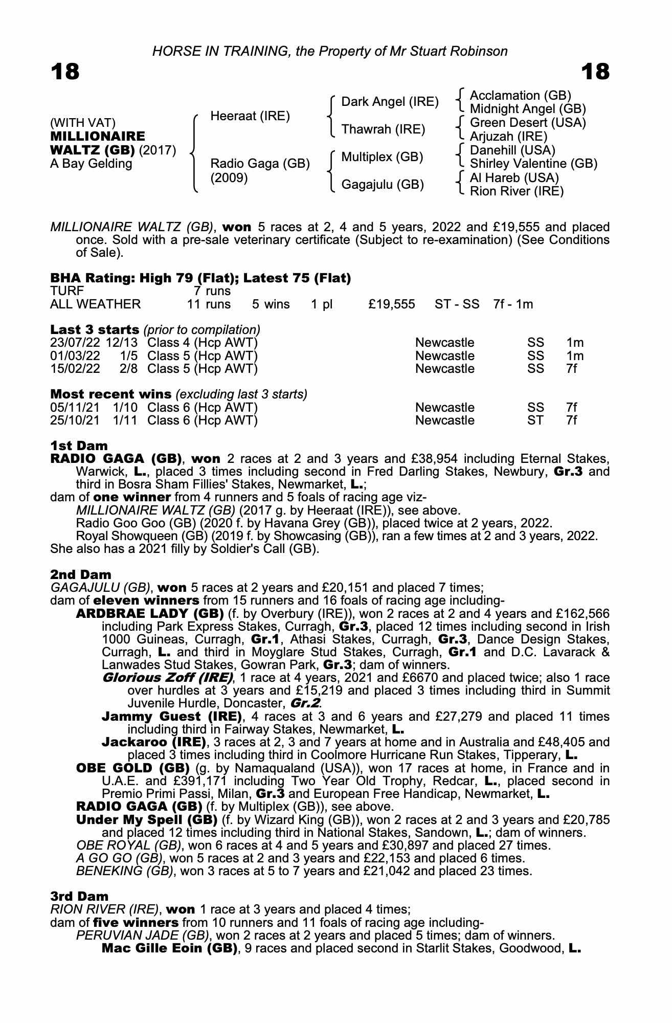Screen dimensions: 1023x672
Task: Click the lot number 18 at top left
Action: [x=65, y=71]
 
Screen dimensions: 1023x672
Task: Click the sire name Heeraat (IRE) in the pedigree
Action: [x=250, y=116]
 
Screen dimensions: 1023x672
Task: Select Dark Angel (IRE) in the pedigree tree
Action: [x=390, y=102]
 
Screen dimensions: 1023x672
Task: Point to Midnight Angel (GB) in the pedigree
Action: [x=528, y=109]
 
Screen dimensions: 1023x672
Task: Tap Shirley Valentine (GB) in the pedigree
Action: [x=533, y=164]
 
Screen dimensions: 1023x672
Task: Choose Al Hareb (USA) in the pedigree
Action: [x=514, y=177]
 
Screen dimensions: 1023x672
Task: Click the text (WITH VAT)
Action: [x=83, y=123]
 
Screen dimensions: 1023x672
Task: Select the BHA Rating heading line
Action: [x=200, y=278]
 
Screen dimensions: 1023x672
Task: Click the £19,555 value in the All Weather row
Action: [x=392, y=304]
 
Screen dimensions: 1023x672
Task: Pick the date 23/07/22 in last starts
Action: [x=75, y=343]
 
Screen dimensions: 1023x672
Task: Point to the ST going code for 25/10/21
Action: [x=535, y=420]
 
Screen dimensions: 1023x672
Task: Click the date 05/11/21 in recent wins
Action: [x=75, y=408]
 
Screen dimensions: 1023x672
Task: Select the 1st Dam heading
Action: [x=79, y=446]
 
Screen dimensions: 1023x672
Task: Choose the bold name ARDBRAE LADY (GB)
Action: [x=150, y=613]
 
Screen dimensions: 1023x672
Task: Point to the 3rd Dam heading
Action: [x=79, y=896]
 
